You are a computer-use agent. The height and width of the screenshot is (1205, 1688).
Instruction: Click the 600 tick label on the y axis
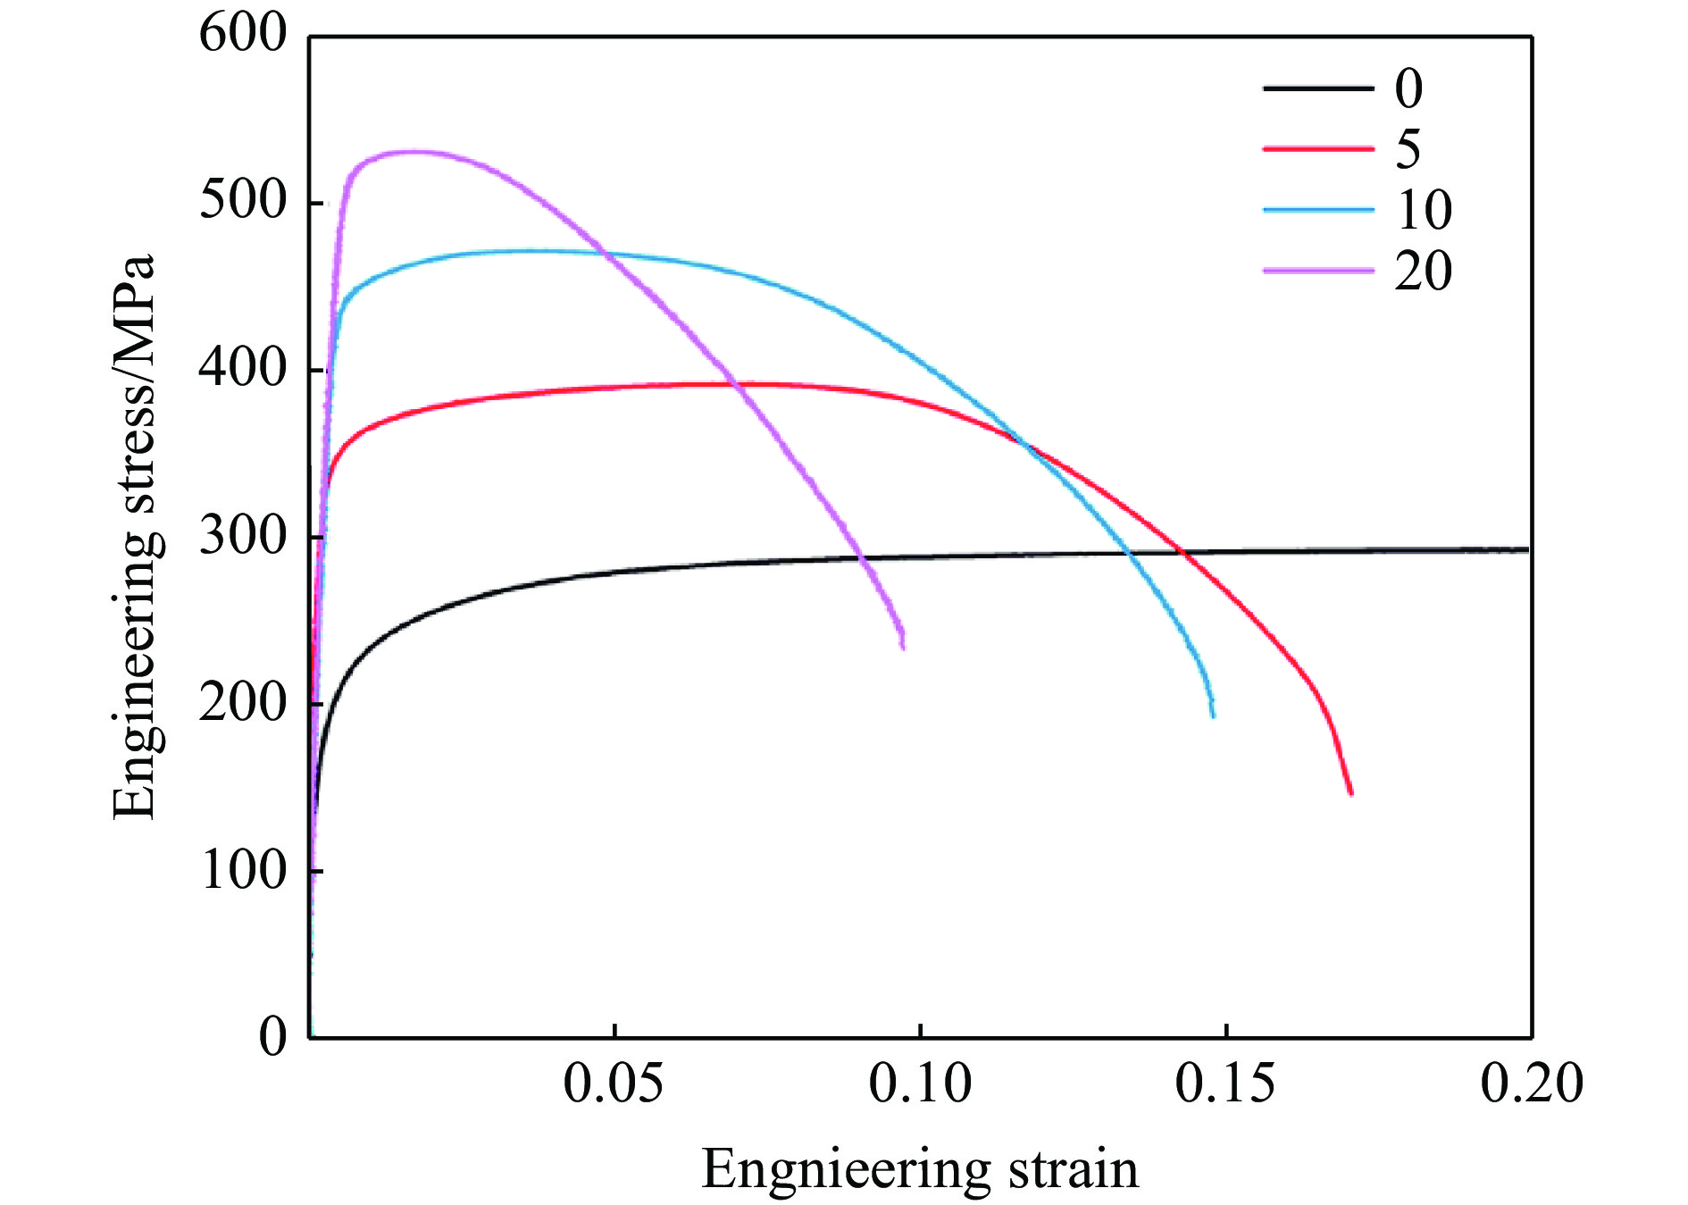click(242, 35)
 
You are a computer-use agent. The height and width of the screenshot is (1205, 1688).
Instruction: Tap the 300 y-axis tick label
click(242, 536)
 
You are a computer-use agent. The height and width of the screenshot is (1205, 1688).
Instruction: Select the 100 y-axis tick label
click(242, 870)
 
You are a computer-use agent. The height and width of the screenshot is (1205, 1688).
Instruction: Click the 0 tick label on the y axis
click(272, 1037)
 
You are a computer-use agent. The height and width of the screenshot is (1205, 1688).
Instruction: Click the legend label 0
click(1408, 88)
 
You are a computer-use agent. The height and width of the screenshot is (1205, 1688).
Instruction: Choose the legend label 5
click(1408, 149)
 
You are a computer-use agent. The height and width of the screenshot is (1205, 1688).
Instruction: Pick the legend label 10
click(1424, 210)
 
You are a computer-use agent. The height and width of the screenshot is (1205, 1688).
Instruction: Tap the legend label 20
click(1424, 271)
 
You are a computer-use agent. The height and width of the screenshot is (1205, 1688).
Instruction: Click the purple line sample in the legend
click(1318, 270)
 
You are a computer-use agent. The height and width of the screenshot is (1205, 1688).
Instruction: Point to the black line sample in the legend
click(1318, 88)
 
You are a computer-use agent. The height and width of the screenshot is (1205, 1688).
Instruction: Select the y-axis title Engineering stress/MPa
click(135, 536)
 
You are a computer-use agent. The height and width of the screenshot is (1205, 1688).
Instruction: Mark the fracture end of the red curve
click(1350, 792)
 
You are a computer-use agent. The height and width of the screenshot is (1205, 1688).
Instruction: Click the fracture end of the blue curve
click(1213, 715)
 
